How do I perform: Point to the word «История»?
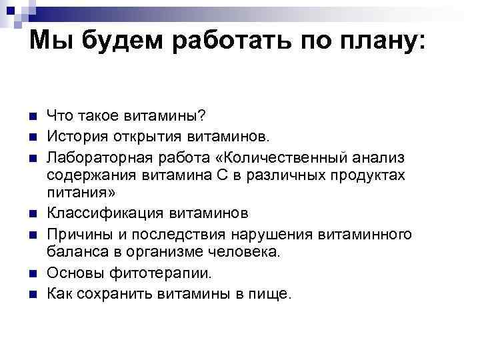(x=75, y=137)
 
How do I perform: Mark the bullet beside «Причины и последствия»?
(x=31, y=235)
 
